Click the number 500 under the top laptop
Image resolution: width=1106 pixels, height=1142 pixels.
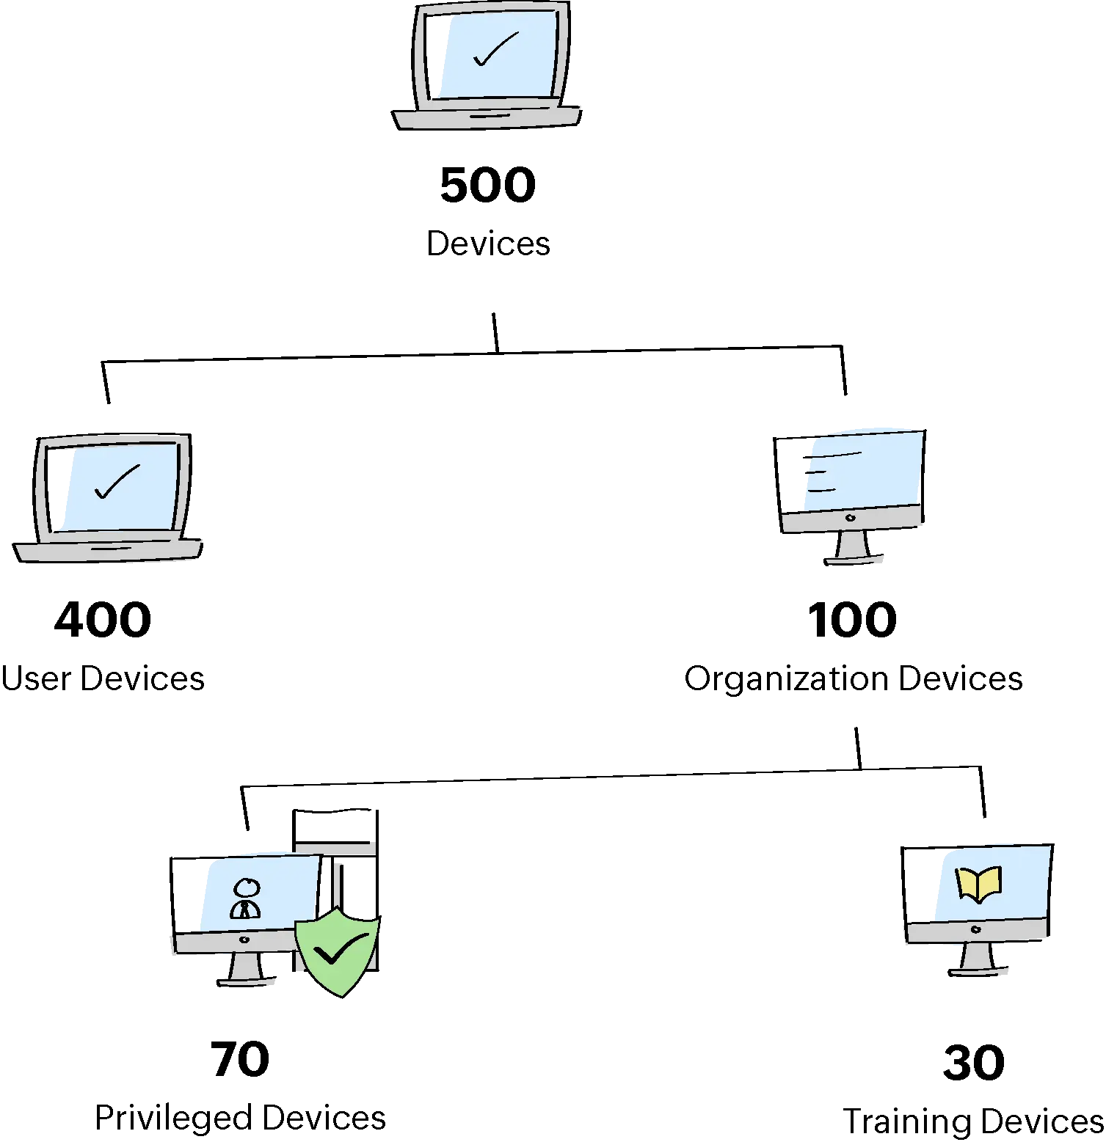coord(490,185)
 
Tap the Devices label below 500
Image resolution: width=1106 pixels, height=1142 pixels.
coord(490,244)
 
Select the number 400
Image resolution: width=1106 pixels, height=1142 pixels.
coord(103,618)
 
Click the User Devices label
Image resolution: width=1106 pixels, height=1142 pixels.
coord(103,678)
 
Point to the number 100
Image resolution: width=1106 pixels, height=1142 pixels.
coord(851,618)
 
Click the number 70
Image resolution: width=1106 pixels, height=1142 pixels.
coord(240,1059)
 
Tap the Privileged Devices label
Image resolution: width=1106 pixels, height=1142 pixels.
coord(240,1119)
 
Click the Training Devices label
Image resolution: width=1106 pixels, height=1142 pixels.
coord(972,1123)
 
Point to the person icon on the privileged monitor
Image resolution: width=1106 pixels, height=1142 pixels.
coord(245,899)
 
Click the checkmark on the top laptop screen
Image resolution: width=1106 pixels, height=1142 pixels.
coord(496,49)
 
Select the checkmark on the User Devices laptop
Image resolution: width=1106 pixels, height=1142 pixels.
coord(117,482)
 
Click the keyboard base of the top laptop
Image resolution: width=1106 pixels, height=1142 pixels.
coord(487,117)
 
